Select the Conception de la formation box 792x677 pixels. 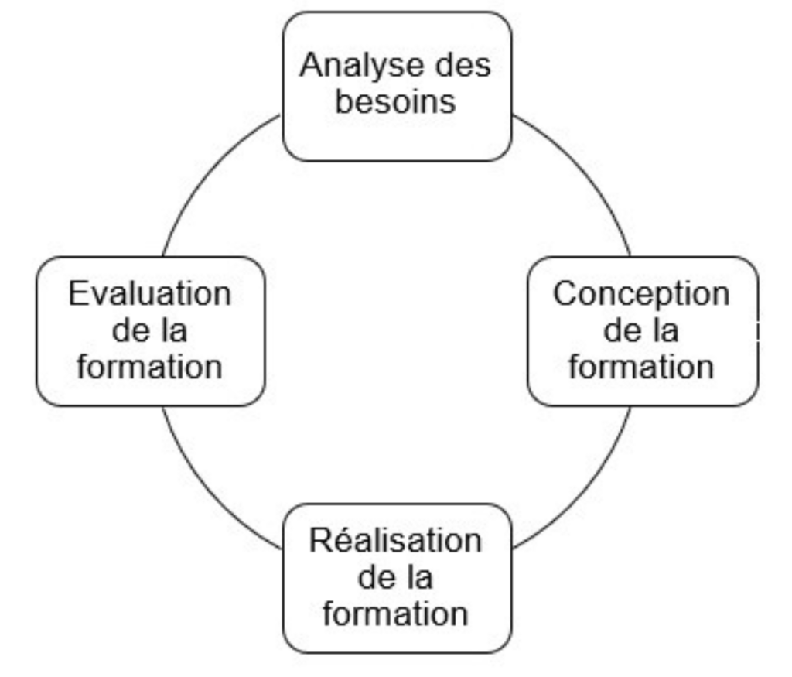(x=642, y=331)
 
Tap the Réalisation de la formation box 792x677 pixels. (x=396, y=579)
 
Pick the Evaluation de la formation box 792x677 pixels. (x=150, y=331)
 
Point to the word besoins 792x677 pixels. (x=395, y=101)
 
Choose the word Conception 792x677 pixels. (x=641, y=295)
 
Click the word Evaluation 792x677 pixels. (x=150, y=295)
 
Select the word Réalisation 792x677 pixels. (x=395, y=541)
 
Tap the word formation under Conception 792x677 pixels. (x=641, y=367)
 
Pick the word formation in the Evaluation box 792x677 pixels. (x=150, y=367)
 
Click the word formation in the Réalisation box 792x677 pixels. (x=395, y=614)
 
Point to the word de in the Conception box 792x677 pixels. (x=620, y=331)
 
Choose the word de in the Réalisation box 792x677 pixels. (x=374, y=578)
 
